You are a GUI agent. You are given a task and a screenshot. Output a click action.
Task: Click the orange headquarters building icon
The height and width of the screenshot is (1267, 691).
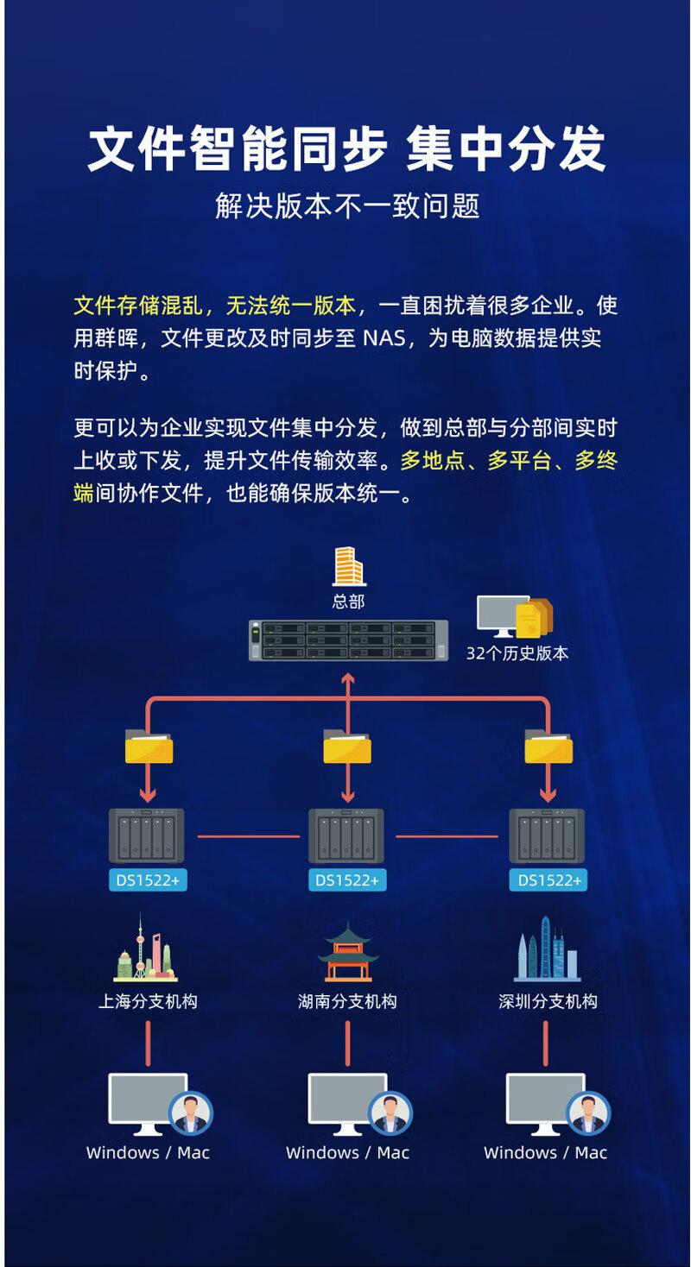pos(348,566)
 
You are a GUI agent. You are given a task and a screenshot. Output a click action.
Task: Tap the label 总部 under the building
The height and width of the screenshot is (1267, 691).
pos(348,602)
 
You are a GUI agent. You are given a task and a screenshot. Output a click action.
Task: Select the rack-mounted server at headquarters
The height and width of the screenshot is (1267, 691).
pos(348,641)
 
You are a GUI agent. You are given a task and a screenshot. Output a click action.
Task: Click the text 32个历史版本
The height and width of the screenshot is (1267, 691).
pos(517,653)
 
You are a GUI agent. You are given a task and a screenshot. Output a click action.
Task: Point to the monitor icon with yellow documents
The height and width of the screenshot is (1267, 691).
pos(514,616)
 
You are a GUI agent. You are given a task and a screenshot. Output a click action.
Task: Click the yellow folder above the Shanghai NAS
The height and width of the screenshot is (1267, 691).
pos(149,747)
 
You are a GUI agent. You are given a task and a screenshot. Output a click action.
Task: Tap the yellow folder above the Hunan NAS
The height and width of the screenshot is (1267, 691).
pos(347,747)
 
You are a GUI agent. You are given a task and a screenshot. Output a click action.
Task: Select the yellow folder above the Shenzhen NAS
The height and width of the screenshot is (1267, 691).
pos(548,747)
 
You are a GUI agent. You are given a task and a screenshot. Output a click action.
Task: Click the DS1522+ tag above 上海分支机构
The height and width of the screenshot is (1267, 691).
pos(149,880)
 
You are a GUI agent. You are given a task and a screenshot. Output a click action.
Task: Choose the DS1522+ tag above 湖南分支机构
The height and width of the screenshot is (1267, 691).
pos(347,880)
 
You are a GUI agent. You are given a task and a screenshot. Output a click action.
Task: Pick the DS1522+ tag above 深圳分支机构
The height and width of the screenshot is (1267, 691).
pos(548,880)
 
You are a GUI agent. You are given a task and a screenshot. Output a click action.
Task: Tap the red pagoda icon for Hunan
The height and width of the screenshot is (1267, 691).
pos(347,953)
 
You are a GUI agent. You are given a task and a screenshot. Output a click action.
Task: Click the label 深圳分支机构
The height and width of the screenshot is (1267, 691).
pos(548,1002)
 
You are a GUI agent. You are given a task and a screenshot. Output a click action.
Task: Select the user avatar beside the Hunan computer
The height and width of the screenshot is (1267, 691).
pos(390,1113)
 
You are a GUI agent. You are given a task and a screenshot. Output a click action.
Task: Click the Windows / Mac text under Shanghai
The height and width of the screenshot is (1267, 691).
pos(148,1152)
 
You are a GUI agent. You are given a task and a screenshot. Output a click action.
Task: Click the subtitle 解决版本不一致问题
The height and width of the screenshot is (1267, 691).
pos(347,206)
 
